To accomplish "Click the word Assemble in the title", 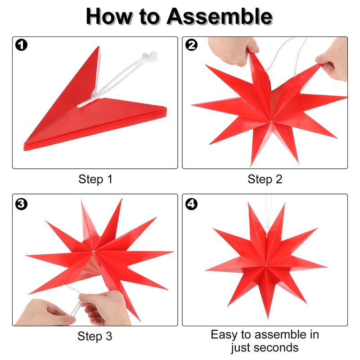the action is (x=220, y=16).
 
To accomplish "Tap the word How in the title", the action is (x=109, y=16).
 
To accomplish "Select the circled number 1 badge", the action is (x=21, y=45).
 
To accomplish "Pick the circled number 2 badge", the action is (x=191, y=45).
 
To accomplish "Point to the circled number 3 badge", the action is (x=21, y=204).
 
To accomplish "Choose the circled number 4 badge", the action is (x=191, y=204).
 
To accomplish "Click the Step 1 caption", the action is (x=95, y=179).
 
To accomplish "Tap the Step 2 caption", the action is (x=265, y=179).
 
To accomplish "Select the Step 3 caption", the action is (x=95, y=336).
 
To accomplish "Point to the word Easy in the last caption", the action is (x=224, y=335).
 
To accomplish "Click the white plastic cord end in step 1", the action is (x=150, y=56).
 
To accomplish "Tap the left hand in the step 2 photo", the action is (x=233, y=50).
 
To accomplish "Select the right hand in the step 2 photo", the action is (x=333, y=60).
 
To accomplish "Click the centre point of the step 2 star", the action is (x=271, y=121).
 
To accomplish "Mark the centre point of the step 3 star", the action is (x=94, y=252).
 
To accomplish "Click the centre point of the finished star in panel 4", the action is (x=265, y=266).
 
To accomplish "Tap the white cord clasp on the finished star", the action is (x=267, y=227).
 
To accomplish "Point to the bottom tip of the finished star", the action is (x=268, y=319).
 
